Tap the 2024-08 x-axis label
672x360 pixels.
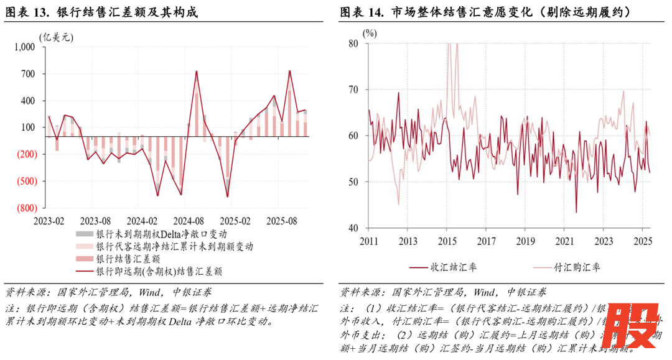tap(189, 221)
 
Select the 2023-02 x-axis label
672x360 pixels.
tap(49, 221)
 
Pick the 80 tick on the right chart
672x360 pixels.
tap(353, 44)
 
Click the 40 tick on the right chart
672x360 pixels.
tap(353, 228)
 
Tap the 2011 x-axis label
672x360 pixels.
tap(368, 241)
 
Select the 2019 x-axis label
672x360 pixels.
tap(526, 241)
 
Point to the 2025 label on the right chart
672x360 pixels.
tap(643, 241)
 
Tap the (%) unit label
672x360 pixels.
tap(370, 32)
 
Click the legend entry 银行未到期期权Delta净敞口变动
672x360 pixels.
tap(161, 234)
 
